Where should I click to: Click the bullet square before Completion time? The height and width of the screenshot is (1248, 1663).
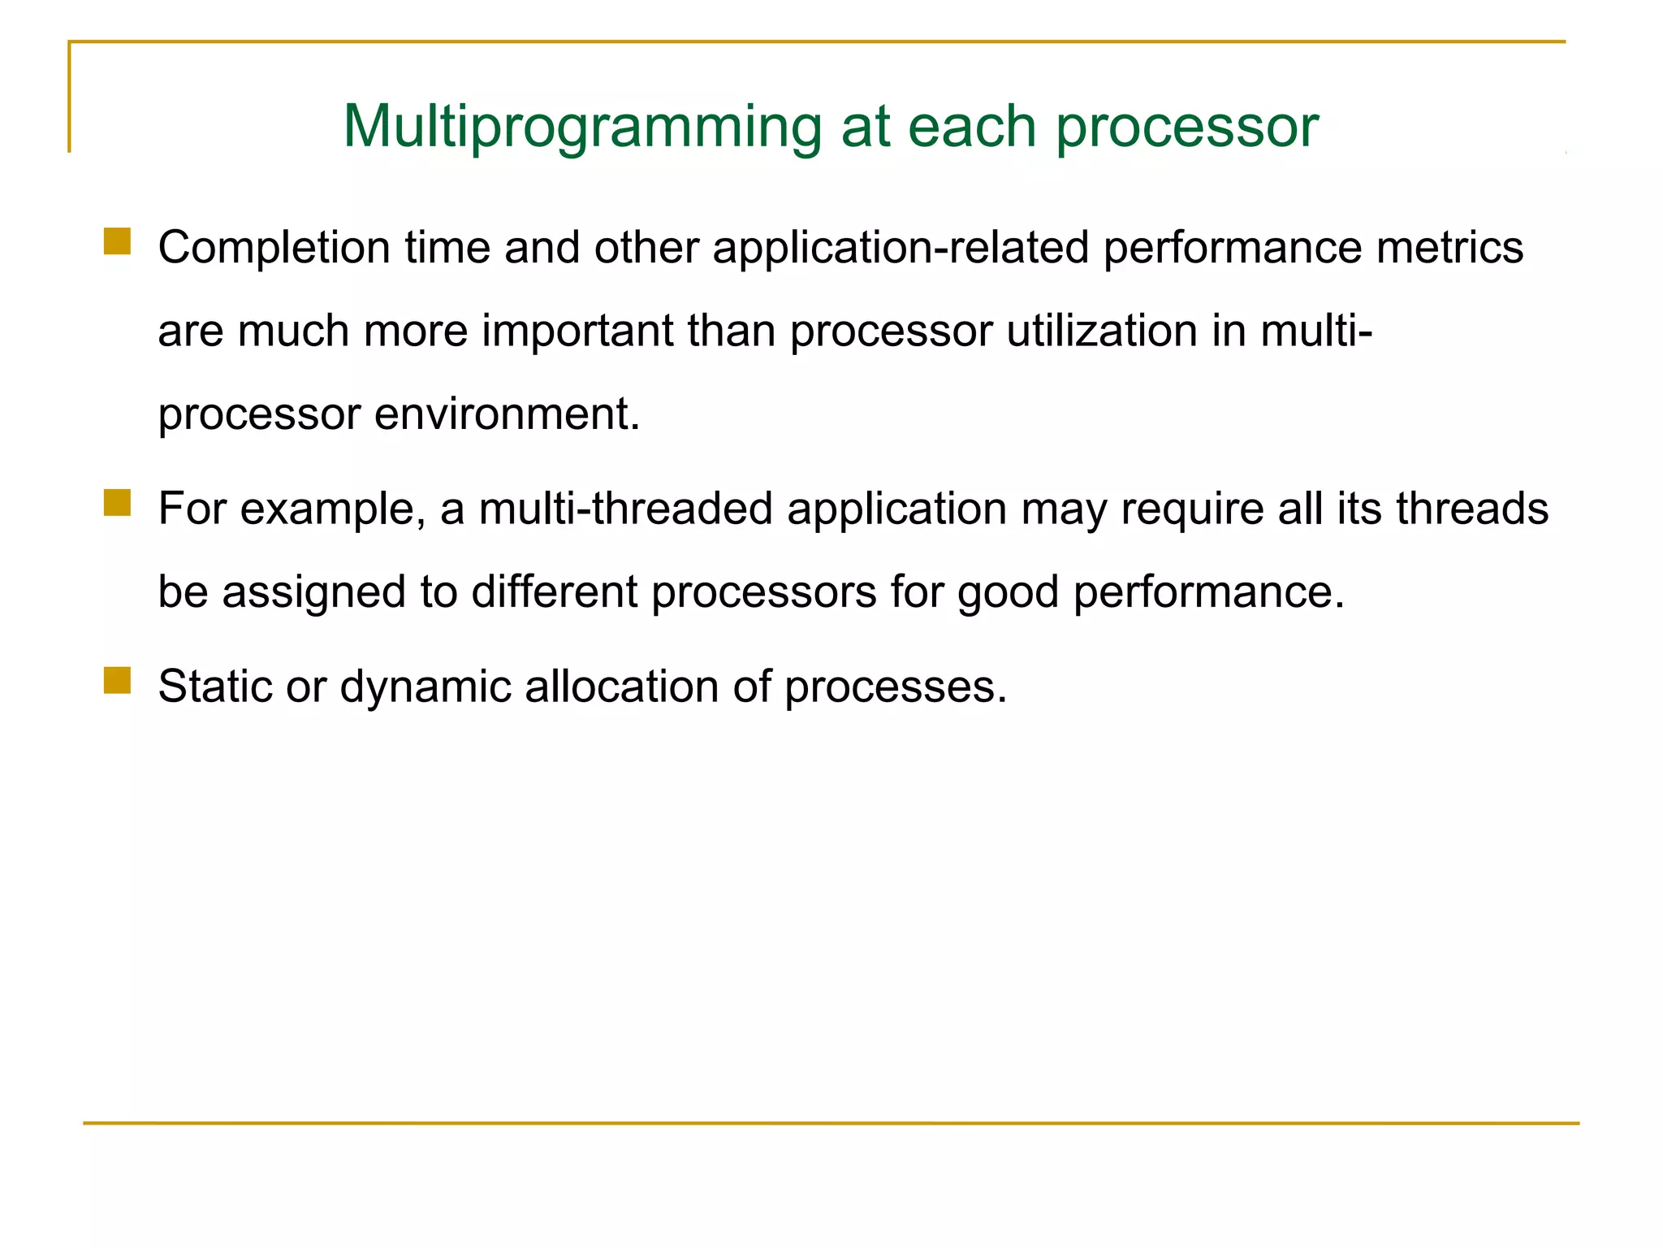coord(118,242)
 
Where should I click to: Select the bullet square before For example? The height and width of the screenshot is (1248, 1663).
coord(118,503)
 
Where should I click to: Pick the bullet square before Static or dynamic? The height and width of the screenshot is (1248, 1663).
coord(118,681)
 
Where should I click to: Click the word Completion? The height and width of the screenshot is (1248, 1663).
coord(274,248)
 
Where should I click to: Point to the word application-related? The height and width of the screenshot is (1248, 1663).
coord(901,248)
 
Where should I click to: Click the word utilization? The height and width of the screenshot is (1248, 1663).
coord(1102,331)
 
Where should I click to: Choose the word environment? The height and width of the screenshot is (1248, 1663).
coord(507,414)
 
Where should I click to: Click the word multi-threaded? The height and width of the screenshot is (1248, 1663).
coord(626,509)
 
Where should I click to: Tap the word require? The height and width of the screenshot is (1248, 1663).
coord(1192,509)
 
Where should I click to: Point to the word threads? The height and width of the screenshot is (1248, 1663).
coord(1472,509)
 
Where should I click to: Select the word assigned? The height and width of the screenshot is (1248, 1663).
coord(313,592)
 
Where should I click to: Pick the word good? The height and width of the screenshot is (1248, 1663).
coord(1008,592)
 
